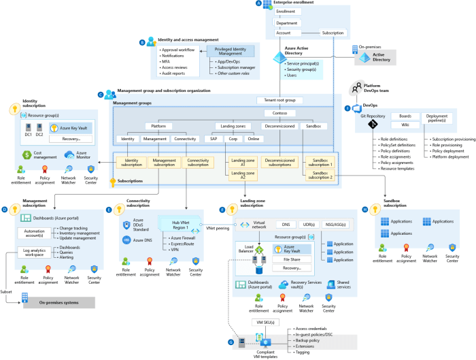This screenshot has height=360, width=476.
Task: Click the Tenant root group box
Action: (x=279, y=100)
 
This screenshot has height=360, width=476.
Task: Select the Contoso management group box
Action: (x=279, y=113)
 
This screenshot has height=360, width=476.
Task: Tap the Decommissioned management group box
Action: (x=279, y=126)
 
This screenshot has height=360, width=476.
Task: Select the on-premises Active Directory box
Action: (x=381, y=56)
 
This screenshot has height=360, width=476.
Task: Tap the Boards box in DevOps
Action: (x=405, y=116)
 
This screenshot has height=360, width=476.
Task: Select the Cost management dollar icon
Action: (x=27, y=155)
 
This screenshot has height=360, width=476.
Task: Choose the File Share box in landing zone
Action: (x=292, y=259)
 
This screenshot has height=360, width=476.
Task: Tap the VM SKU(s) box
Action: (x=264, y=321)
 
